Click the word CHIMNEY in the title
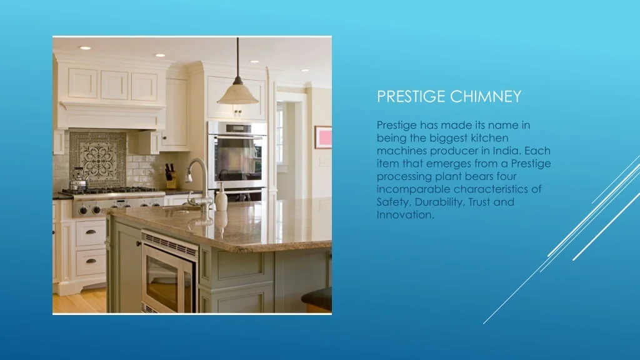tap(485, 96)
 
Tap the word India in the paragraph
tap(506, 151)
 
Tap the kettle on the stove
tap(78, 180)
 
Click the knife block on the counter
tap(171, 177)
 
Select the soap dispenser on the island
tap(221, 197)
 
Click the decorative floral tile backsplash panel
tap(98, 159)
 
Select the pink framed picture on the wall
tap(323, 137)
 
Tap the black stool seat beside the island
tap(317, 297)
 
